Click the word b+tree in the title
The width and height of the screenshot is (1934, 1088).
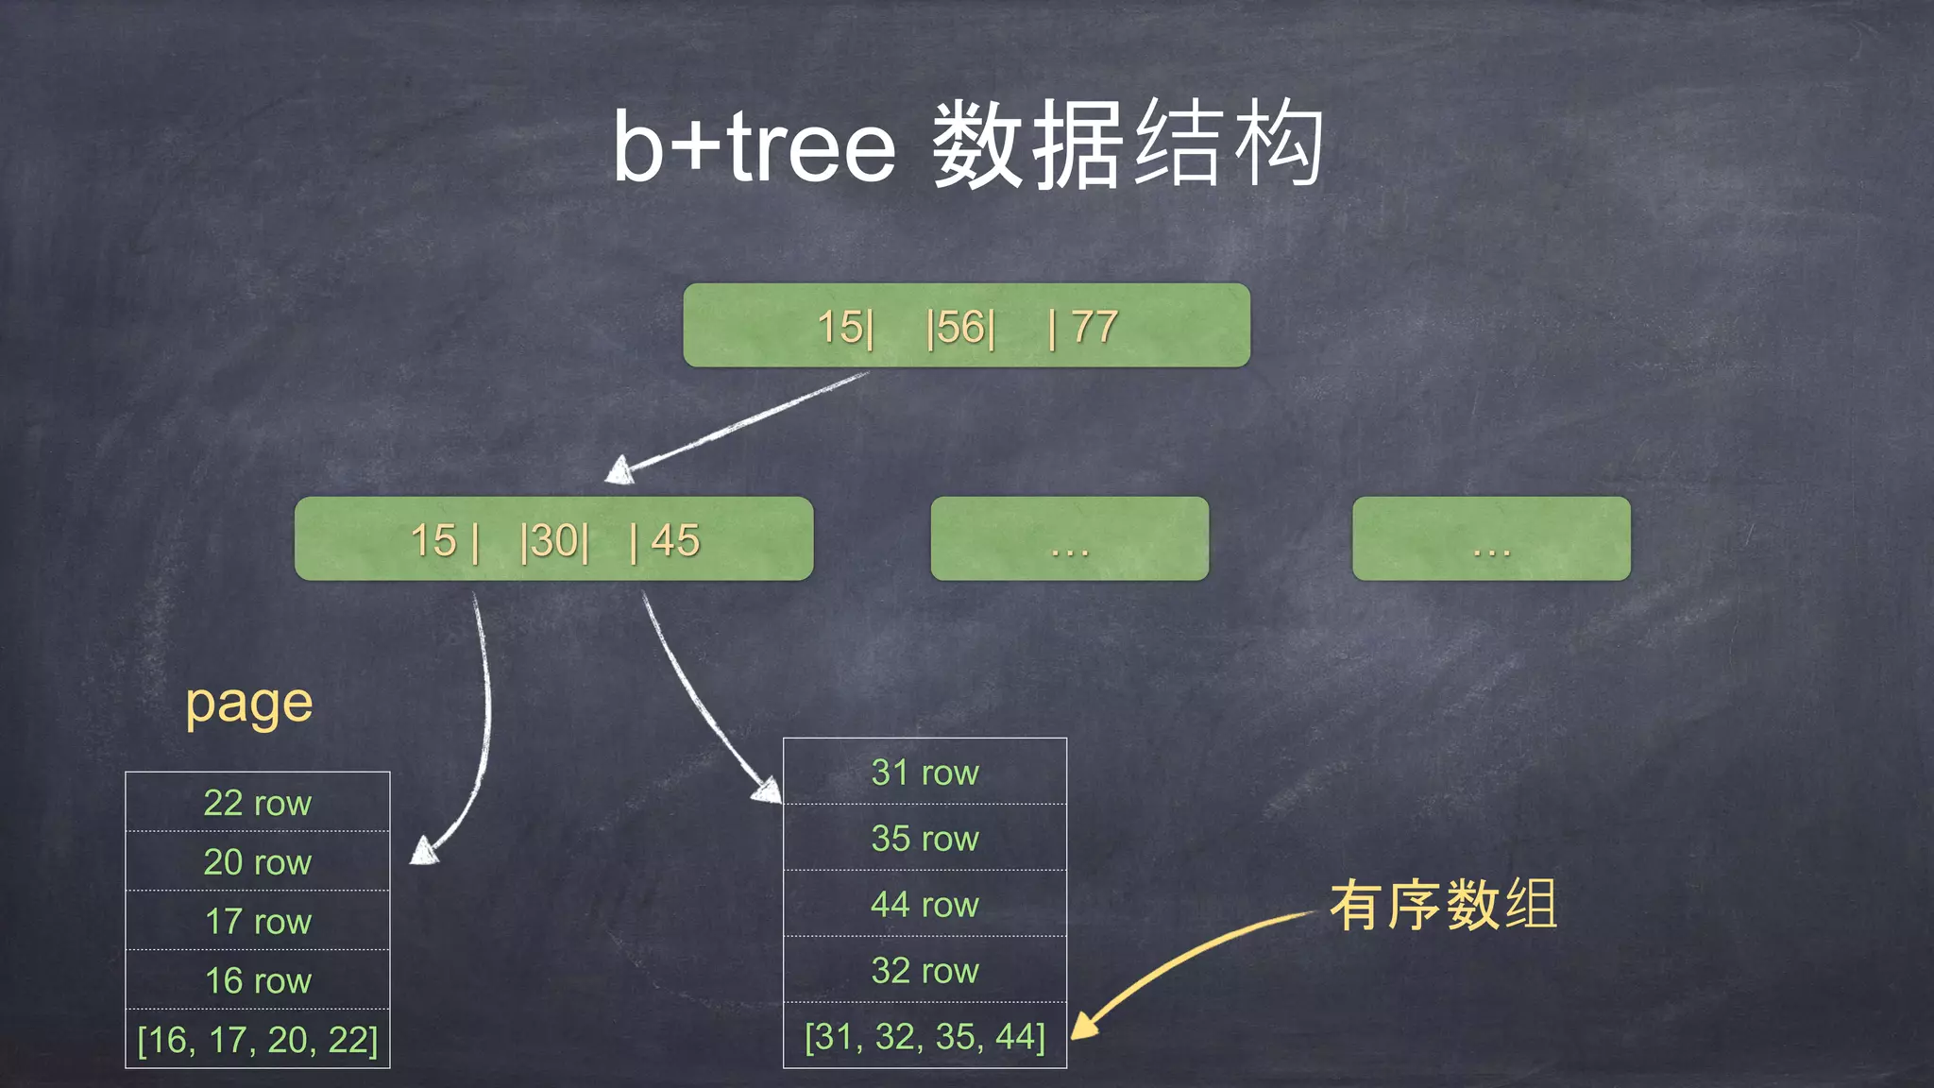coord(754,146)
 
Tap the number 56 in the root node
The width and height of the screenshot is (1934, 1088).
coord(961,328)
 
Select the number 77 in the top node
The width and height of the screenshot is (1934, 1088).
coord(1094,328)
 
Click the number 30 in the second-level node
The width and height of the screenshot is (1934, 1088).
coord(555,541)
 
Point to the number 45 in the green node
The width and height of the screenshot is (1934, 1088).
coord(675,541)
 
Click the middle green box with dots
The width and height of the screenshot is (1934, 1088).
coord(1069,538)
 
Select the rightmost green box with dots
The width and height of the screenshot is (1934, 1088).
coord(1491,538)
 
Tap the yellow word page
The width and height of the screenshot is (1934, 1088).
coord(249,704)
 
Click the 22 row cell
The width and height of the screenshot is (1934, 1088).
coord(257,803)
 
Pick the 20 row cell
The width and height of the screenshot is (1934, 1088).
coord(257,861)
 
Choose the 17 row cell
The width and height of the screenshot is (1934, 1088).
coord(257,921)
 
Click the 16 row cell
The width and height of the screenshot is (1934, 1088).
coord(257,980)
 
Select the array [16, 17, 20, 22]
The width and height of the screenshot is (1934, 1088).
coord(257,1040)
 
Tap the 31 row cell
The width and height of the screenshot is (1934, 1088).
coord(925,773)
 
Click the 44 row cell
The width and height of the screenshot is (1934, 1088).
coord(925,905)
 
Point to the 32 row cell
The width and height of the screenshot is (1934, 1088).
coord(925,971)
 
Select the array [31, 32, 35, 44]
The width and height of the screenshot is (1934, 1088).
coord(925,1037)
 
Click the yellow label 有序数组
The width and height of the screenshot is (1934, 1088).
coord(1443,905)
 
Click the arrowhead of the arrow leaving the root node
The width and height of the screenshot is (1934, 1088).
coord(619,470)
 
